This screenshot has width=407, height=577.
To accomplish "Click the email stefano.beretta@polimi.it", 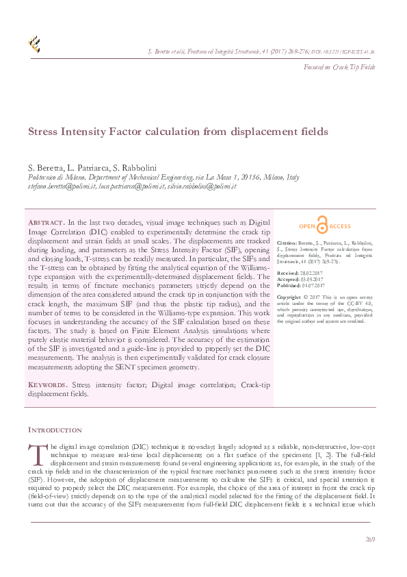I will pos(61,186).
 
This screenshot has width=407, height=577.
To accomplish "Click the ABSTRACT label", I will pos(45,223).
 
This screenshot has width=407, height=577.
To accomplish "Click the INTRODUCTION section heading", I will pos(55,430).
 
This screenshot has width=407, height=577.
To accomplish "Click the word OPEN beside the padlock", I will pos(306,226).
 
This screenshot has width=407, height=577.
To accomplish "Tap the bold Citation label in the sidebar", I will pos(287,243).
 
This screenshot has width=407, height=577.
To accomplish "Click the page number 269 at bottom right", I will pos(370,540).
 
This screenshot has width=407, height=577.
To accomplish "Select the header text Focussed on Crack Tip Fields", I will pos(339,67).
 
